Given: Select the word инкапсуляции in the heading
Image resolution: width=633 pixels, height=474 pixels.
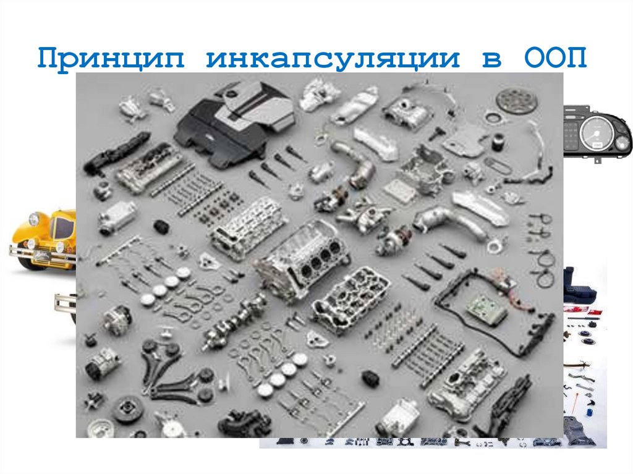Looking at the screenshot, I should point(334,59).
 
